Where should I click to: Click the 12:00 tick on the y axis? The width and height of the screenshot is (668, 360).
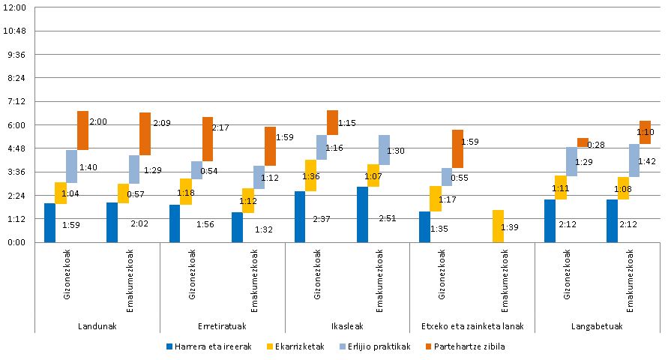(16, 7)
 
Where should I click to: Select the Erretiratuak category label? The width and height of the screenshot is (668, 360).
(222, 326)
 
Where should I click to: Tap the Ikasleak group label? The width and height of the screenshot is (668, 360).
(347, 326)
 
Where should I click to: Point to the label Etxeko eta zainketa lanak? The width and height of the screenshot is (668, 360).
(472, 326)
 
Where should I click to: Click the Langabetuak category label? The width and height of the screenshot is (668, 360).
(597, 326)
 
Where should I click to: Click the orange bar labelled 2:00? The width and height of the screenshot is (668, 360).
(82, 130)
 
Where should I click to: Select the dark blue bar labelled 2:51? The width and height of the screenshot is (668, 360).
(363, 214)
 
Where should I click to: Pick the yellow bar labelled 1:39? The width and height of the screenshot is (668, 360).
(498, 226)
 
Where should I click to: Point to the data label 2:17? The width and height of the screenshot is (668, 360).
(220, 127)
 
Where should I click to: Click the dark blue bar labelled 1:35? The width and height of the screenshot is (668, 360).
(425, 226)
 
